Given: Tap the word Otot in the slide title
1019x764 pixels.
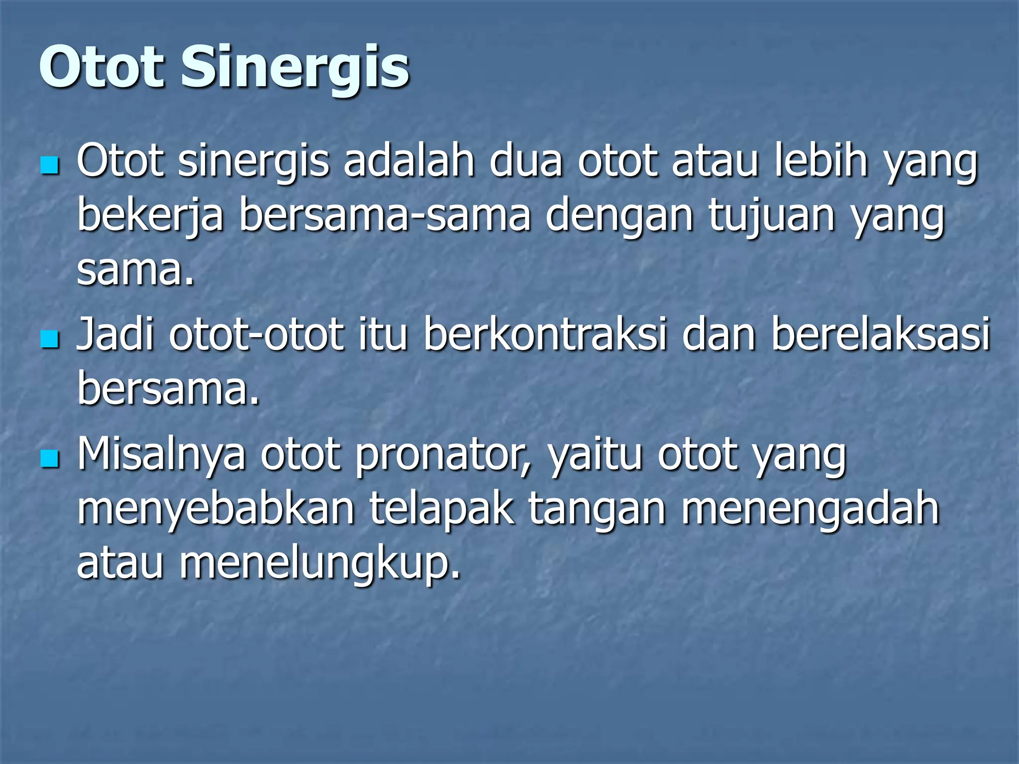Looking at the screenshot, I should tap(102, 67).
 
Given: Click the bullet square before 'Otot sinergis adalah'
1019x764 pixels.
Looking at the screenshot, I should tap(50, 166).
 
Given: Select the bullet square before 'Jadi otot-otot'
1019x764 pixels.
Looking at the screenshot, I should tap(50, 339).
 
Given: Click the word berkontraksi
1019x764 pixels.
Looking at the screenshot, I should tap(545, 334).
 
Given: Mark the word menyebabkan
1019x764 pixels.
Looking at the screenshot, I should tap(216, 511).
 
